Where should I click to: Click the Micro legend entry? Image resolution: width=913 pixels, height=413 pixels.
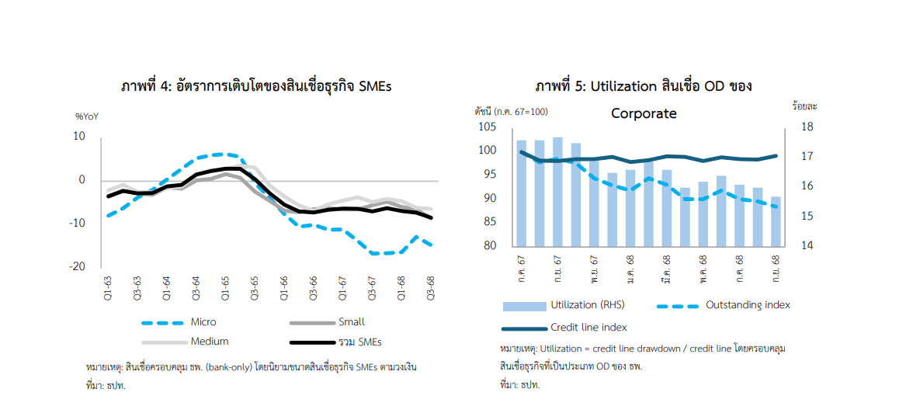[203, 322]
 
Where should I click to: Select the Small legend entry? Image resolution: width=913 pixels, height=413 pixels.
[351, 322]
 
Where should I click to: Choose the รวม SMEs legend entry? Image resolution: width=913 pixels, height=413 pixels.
[359, 342]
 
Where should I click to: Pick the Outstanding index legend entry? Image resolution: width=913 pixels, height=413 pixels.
[747, 305]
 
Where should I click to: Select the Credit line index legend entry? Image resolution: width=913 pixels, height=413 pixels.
[588, 327]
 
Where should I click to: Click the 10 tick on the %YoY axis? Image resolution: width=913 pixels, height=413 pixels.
[79, 136]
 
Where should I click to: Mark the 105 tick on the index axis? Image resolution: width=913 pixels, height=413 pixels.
[487, 127]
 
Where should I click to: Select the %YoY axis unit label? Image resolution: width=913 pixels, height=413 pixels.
[86, 116]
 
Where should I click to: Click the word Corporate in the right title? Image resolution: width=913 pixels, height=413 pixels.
[644, 113]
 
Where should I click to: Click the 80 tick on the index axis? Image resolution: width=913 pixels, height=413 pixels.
[489, 246]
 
